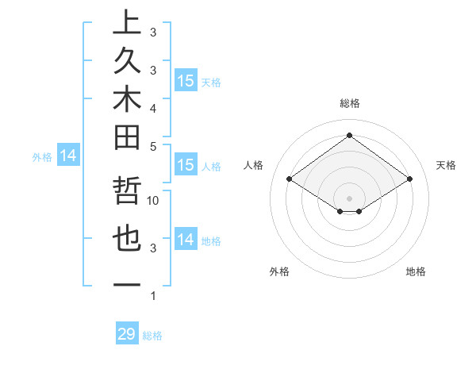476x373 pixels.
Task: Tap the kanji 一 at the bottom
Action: [127, 285]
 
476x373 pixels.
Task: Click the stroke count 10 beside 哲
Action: [154, 201]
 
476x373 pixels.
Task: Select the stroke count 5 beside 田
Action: [153, 146]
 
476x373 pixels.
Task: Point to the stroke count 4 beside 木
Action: [153, 107]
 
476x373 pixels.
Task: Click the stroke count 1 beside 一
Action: [153, 296]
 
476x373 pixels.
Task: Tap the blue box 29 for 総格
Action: [127, 334]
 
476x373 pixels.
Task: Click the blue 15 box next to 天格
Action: [186, 81]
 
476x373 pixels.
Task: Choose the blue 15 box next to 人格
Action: [186, 165]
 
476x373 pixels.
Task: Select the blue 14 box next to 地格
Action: [186, 240]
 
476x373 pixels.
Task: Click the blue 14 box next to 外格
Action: [68, 156]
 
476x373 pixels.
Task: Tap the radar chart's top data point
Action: [349, 135]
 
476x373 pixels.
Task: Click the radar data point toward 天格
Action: [409, 179]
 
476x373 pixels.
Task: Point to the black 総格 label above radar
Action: [349, 103]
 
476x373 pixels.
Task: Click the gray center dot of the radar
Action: [349, 198]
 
